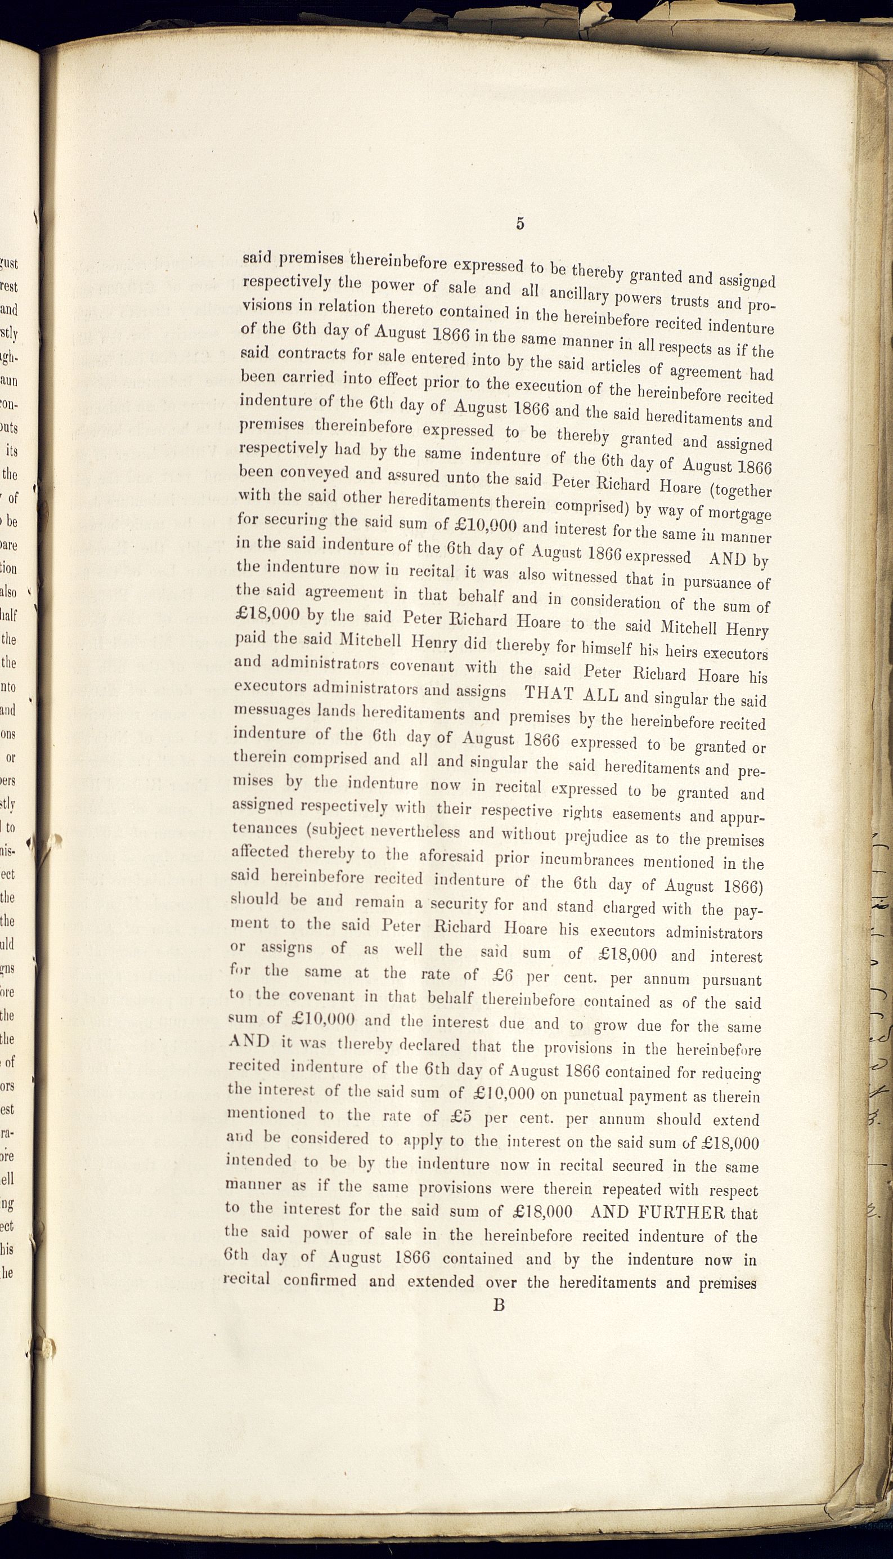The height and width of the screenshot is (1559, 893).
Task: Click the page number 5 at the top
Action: click(x=520, y=224)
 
